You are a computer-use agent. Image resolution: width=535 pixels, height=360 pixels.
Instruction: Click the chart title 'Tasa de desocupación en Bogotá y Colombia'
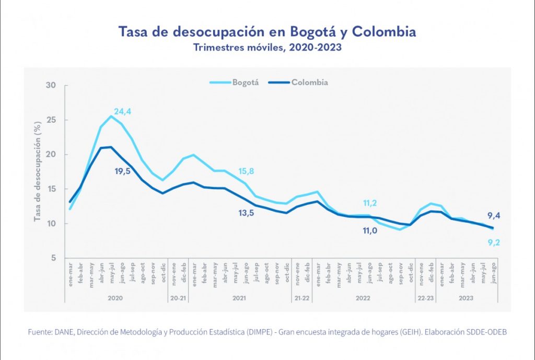pos(267,32)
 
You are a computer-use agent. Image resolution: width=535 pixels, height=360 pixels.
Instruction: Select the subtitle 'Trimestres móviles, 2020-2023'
pos(267,48)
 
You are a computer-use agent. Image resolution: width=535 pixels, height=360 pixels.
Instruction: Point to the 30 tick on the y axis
pos(51,85)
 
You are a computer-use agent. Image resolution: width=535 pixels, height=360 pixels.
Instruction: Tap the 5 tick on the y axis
pos(53,258)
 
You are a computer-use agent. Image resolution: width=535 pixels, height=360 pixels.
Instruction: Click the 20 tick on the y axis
pos(51,155)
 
